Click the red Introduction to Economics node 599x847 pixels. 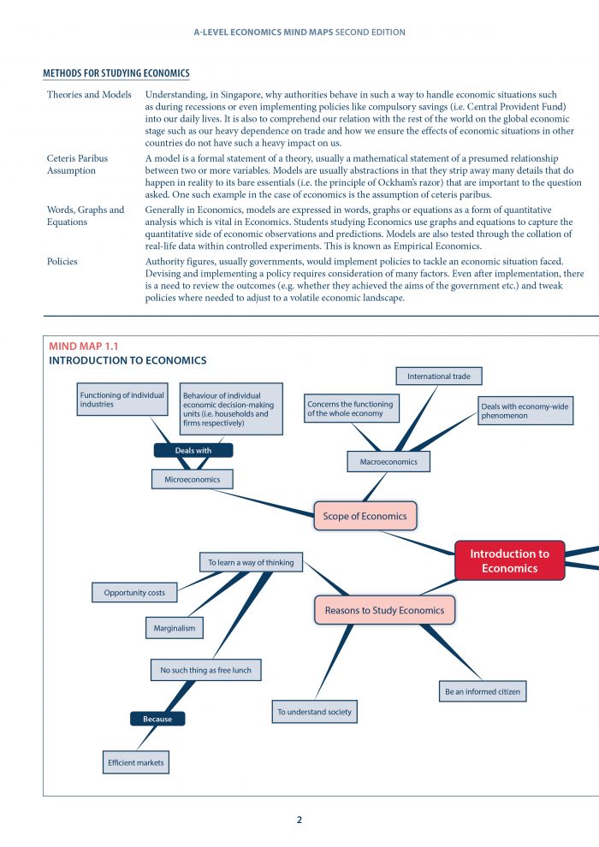point(509,560)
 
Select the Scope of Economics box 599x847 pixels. point(365,516)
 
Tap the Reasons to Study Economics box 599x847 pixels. point(384,610)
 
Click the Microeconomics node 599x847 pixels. point(193,479)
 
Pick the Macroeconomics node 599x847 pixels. point(388,462)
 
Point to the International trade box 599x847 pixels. point(439,376)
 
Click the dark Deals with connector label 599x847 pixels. point(193,450)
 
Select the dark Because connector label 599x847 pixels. point(157,719)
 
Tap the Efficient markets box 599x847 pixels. point(135,761)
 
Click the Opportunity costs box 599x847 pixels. point(134,592)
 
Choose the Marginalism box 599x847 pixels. point(175,628)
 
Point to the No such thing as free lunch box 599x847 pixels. point(205,670)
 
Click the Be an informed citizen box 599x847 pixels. point(482,691)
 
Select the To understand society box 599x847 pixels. point(314,712)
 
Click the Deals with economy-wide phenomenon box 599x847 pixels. point(525,412)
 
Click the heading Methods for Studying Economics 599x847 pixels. point(116,74)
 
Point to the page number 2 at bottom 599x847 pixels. point(299,820)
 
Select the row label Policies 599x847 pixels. point(62,261)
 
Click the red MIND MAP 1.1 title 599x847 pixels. point(84,346)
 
